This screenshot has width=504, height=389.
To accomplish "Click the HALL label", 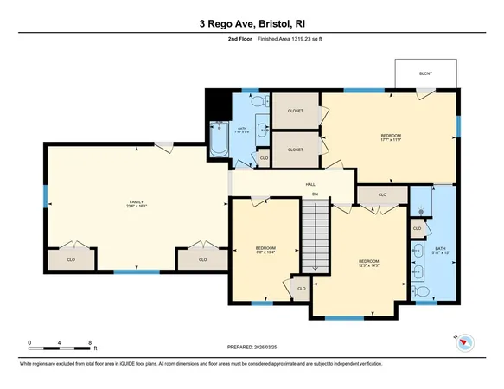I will click(x=309, y=185).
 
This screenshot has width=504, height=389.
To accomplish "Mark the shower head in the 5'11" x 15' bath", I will click(x=420, y=210).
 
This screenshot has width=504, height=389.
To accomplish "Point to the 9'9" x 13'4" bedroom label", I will click(x=265, y=251).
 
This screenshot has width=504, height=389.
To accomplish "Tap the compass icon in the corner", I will click(x=464, y=341).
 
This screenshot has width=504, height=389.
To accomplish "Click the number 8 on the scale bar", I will click(x=91, y=342).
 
